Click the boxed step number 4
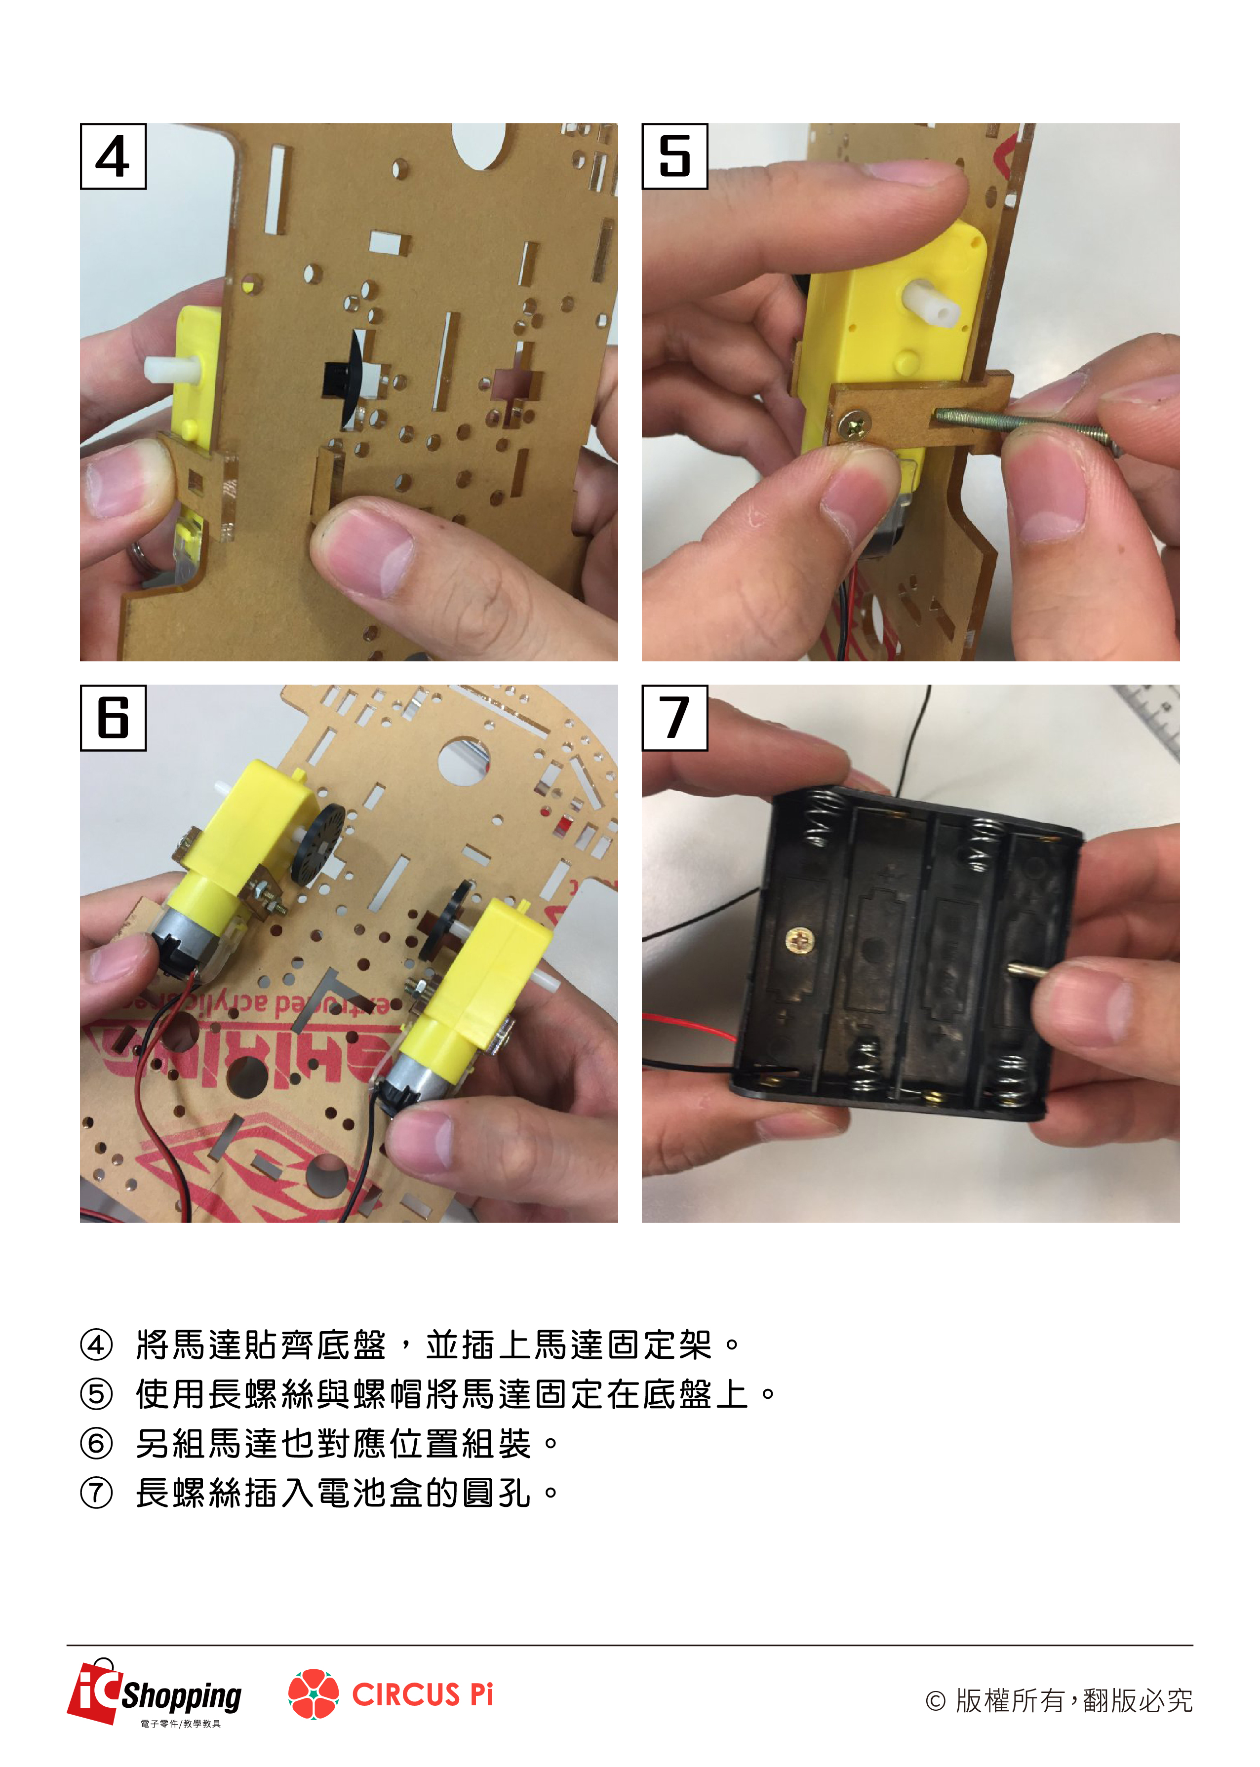point(113,156)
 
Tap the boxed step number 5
point(675,156)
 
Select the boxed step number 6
point(113,718)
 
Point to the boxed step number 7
point(675,718)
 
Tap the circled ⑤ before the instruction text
point(97,1394)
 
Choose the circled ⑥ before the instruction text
point(97,1443)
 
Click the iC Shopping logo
point(155,1693)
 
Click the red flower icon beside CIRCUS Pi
point(314,1694)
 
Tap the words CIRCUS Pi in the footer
point(423,1694)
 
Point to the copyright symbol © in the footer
point(936,1701)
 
